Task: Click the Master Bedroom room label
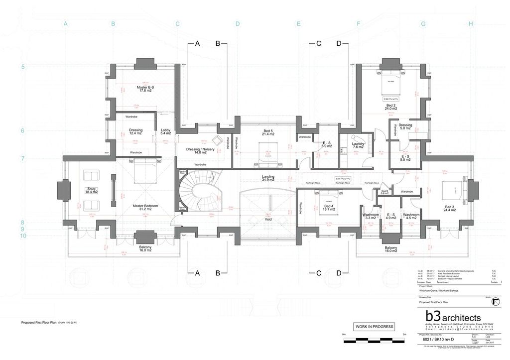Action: tap(145, 207)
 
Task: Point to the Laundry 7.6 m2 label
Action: tap(359, 145)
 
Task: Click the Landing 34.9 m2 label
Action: tap(268, 178)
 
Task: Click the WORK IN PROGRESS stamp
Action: tap(374, 327)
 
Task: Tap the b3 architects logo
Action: tap(452, 317)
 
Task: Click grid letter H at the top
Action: tap(471, 23)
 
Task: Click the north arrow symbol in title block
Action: tap(496, 301)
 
